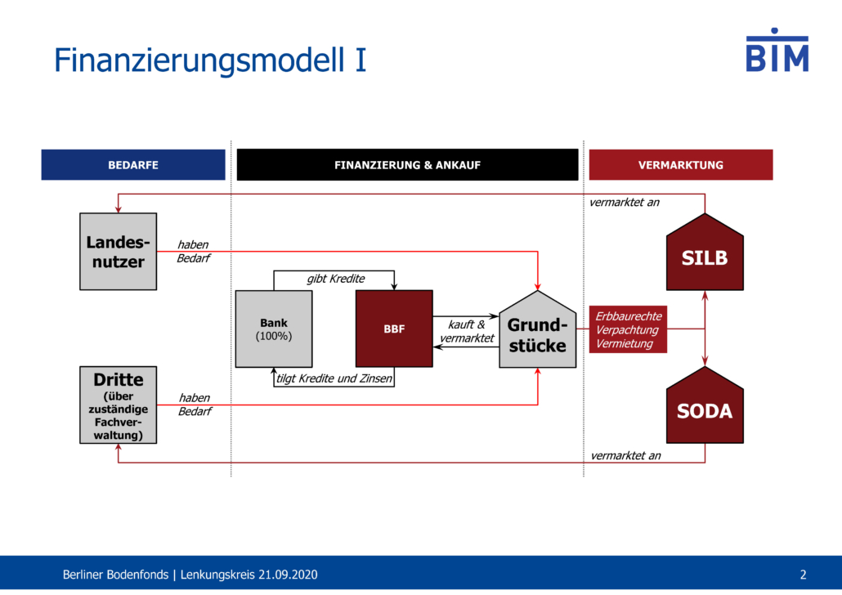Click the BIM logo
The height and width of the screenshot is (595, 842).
[x=777, y=50]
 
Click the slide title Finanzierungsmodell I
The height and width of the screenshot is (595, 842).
[x=210, y=60]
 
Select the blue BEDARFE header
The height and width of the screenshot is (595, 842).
[x=133, y=165]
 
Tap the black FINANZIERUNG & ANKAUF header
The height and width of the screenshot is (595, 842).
[x=408, y=165]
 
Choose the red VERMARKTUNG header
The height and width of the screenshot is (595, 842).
[x=681, y=165]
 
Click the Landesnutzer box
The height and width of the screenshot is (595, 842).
[x=119, y=251]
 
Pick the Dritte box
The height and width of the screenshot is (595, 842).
[x=119, y=405]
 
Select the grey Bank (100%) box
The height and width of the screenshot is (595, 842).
[x=274, y=329]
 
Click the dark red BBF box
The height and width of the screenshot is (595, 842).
[x=394, y=329]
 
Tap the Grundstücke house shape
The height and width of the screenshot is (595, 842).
[x=538, y=333]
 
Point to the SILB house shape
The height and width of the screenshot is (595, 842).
[x=705, y=255]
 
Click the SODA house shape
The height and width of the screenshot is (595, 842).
[x=705, y=408]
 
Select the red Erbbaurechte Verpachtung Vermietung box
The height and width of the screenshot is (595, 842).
[x=629, y=329]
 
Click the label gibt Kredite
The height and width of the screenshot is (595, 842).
[x=336, y=279]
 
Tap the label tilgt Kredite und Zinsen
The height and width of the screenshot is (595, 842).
[x=334, y=378]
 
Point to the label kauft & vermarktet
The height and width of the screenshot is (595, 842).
[x=467, y=331]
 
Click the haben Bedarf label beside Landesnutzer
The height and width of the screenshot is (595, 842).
[x=193, y=251]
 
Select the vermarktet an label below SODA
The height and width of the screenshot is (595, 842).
[x=625, y=456]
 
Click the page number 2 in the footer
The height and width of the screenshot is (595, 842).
[x=804, y=575]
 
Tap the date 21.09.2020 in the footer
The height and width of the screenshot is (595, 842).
[x=288, y=575]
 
